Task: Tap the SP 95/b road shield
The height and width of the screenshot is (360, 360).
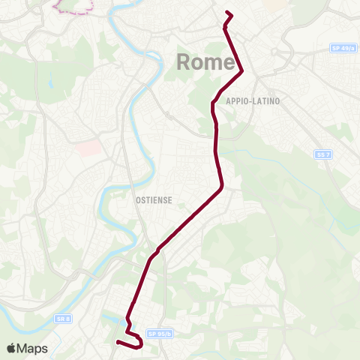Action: click(160, 334)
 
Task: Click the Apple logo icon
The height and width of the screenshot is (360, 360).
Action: click(12, 348)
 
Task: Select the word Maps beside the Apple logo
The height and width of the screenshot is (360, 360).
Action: click(33, 348)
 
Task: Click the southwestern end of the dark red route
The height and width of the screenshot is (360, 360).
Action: click(118, 343)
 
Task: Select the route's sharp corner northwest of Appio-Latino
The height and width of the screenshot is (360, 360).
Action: click(241, 72)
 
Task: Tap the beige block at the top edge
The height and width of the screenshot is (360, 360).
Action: click(276, 4)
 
